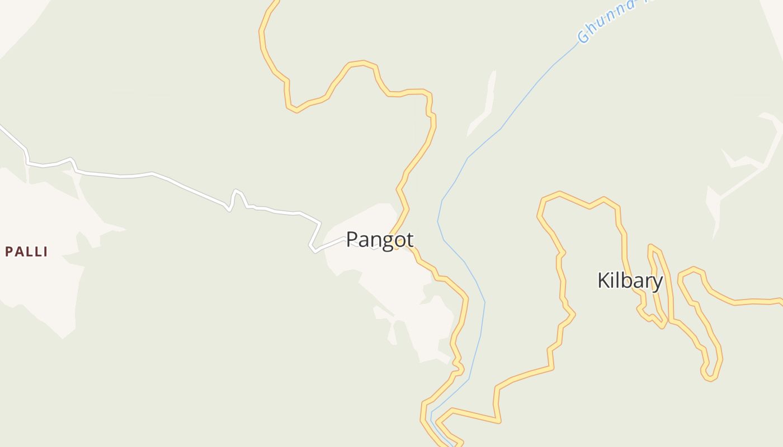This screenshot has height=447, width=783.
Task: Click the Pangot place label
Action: [380, 240]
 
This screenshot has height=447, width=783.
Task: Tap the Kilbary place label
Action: [630, 280]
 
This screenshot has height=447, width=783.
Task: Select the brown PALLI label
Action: [26, 252]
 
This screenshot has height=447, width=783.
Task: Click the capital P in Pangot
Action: [352, 240]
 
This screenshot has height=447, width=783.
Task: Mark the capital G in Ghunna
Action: [584, 37]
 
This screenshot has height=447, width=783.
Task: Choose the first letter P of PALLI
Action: [8, 252]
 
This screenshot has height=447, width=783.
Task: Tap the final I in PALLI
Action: [45, 252]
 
